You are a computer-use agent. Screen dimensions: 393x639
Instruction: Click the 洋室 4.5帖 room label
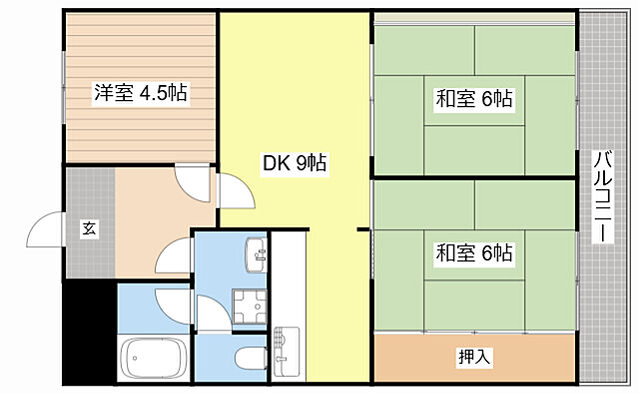(141, 93)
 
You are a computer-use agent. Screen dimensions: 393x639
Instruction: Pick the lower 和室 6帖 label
(473, 253)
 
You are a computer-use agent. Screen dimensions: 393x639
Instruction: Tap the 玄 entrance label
(89, 229)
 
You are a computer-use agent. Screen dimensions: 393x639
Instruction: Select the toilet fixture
(246, 360)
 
